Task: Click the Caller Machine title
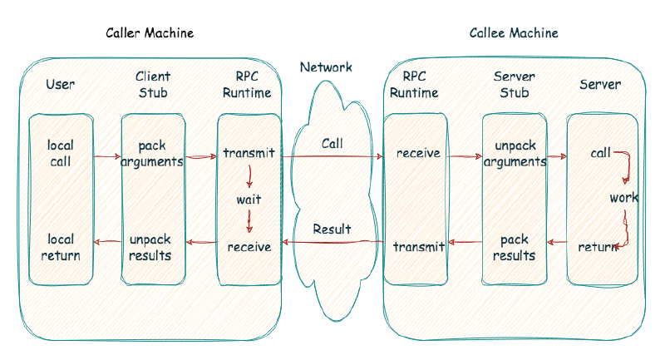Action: pos(150,33)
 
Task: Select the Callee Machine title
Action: pos(514,33)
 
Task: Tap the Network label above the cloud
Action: pos(326,67)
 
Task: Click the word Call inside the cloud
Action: pos(332,144)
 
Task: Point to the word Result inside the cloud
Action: pos(332,229)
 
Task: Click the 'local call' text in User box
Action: pos(61,154)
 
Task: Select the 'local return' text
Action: pos(61,247)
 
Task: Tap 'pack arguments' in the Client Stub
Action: pos(152,154)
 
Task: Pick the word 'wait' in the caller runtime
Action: pos(249,200)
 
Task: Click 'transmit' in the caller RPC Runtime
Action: pos(249,154)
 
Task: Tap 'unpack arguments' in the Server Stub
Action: pos(515,154)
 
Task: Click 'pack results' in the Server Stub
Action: pos(515,247)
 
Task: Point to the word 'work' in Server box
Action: pos(623,199)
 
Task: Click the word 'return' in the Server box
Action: pos(597,247)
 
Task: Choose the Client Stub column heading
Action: pos(153,85)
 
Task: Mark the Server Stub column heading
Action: pos(515,85)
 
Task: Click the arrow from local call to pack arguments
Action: pos(106,155)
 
